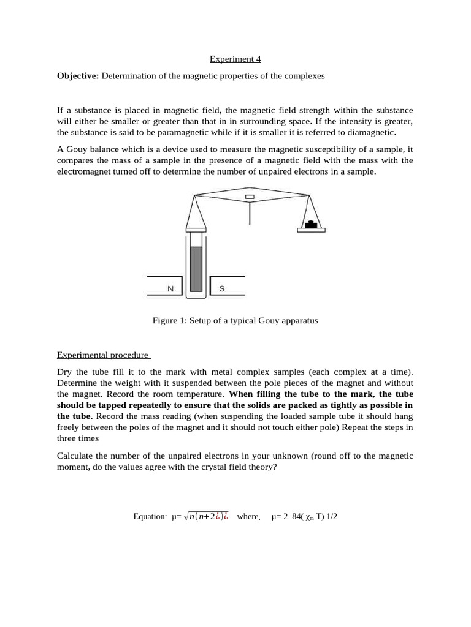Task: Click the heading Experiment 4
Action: (235, 59)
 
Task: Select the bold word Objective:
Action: (78, 76)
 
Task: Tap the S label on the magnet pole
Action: (222, 287)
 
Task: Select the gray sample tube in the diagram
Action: (196, 269)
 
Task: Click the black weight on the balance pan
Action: (312, 223)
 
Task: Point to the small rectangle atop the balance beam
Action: (249, 197)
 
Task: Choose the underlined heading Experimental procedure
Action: (102, 355)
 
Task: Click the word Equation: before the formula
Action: (150, 516)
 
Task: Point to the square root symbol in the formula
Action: (187, 516)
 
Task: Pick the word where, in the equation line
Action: (248, 516)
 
